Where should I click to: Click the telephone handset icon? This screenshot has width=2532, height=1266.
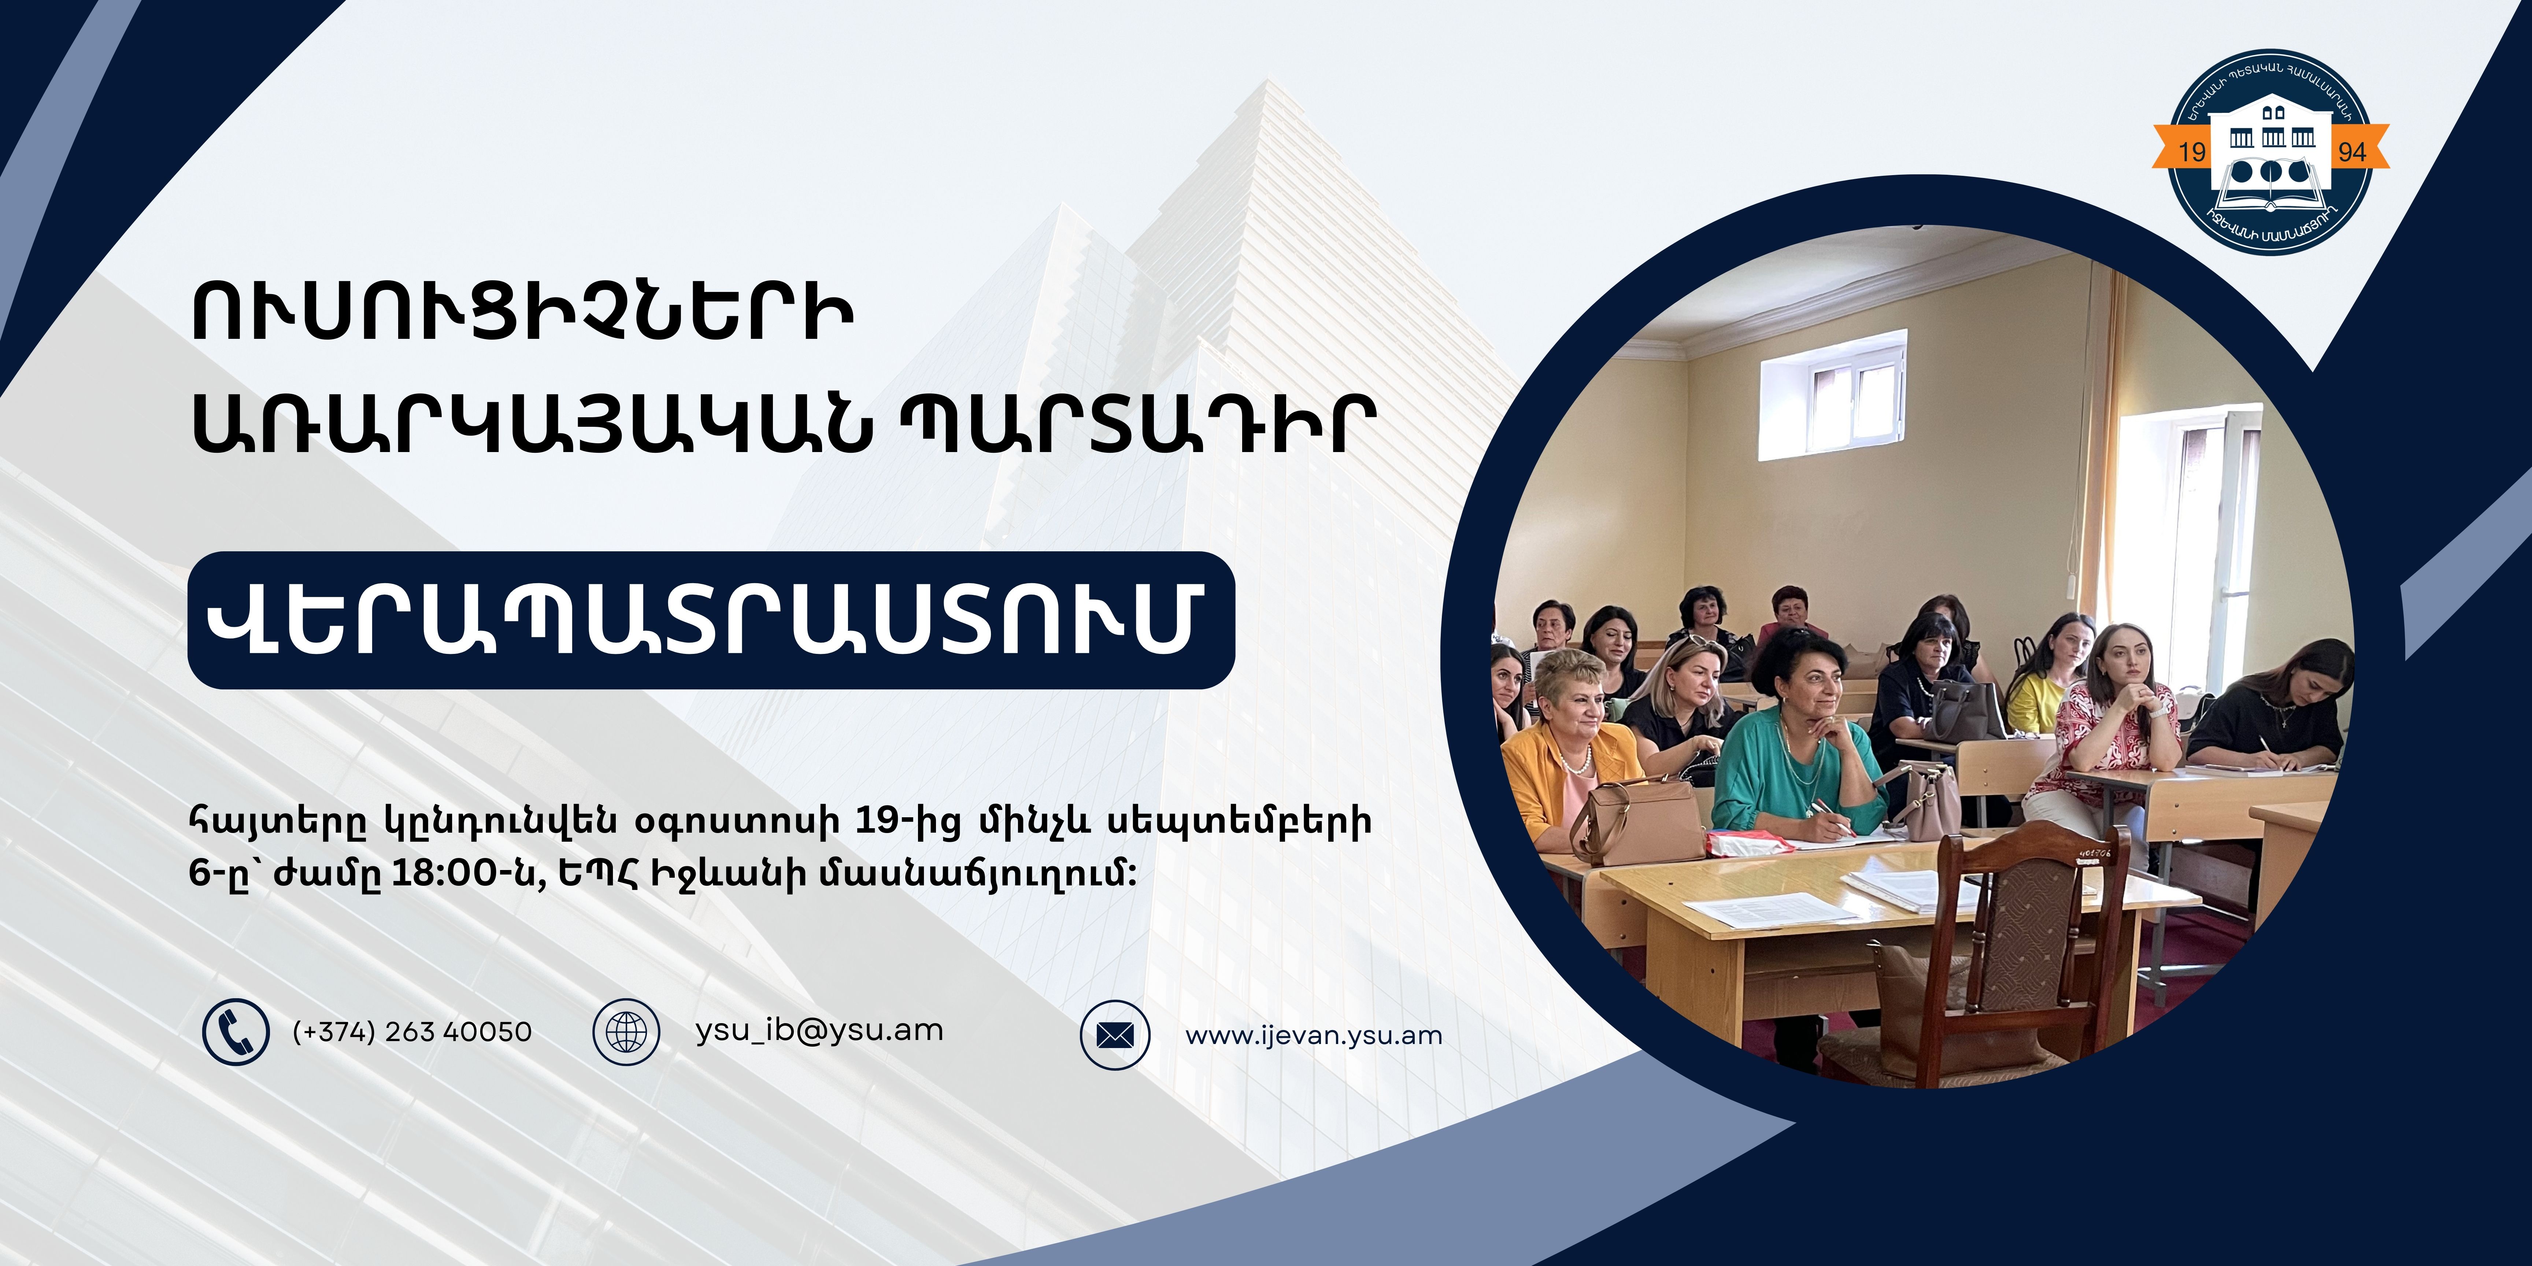pos(236,1032)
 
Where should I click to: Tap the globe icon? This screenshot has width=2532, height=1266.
pos(626,1032)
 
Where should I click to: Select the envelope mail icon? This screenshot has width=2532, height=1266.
pos(1115,1035)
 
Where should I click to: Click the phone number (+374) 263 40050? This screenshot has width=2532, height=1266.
pos(412,1032)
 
